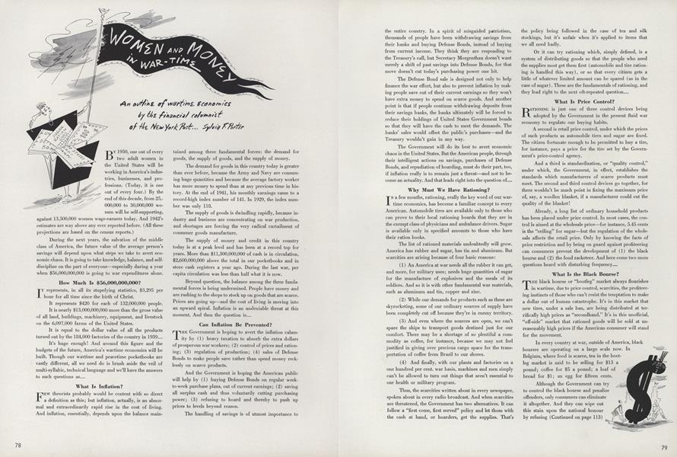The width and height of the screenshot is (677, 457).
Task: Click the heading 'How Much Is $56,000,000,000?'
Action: coord(71,281)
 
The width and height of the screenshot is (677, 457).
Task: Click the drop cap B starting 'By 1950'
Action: coord(111,155)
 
